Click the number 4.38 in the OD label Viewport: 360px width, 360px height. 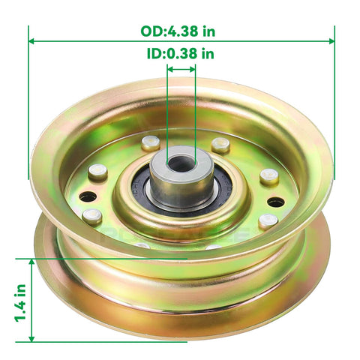point(184,31)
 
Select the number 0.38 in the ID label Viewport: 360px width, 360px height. point(182,53)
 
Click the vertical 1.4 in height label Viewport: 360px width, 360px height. point(20,303)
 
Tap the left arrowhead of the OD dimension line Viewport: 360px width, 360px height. point(31,41)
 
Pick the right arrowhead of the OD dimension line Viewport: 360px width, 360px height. point(331,41)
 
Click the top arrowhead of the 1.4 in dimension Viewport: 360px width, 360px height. point(31,262)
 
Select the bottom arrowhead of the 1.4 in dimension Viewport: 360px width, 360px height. point(31,338)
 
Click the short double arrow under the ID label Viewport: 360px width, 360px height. point(181,69)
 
